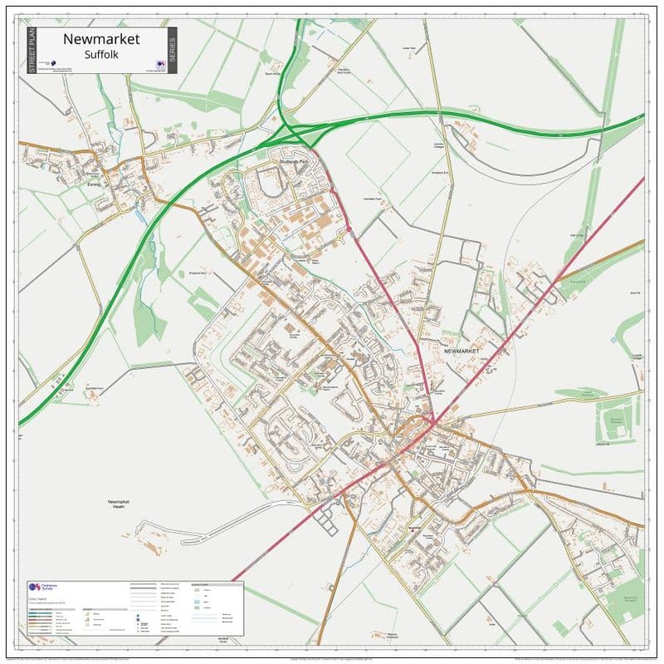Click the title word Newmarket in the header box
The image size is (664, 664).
(101, 39)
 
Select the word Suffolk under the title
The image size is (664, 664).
(101, 54)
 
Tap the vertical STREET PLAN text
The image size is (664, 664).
(32, 51)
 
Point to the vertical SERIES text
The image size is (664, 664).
(171, 51)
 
